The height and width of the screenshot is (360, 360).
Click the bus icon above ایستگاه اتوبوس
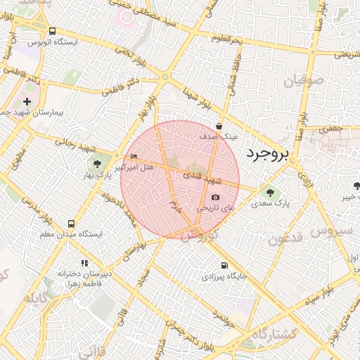click(x=53, y=31)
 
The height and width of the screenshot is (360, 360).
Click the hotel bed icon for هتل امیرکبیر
click(x=134, y=156)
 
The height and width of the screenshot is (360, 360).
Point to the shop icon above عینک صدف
click(x=219, y=127)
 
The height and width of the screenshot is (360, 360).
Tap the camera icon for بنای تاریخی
click(x=215, y=198)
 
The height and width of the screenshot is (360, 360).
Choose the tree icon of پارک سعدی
click(x=268, y=191)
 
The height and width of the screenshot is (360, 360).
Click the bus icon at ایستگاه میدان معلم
click(x=70, y=223)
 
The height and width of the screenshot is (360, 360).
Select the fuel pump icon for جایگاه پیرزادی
click(x=224, y=266)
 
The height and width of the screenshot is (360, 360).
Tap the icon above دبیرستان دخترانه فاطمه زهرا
click(x=86, y=262)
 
